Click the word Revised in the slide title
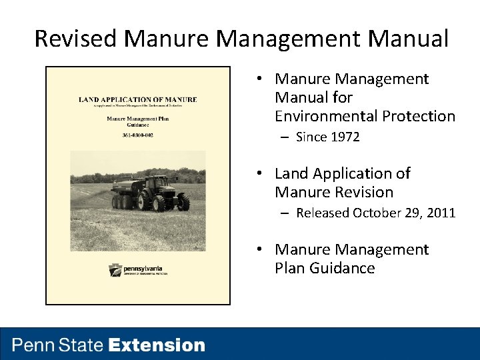tap(76, 39)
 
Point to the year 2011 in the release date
tap(441, 213)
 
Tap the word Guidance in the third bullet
tap(343, 268)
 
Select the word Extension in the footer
tap(157, 345)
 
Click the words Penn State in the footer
tap(58, 345)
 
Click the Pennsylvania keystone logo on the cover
tap(115, 270)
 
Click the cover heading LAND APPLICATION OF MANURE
tap(138, 100)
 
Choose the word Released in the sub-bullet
tap(323, 213)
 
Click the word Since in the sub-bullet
tap(311, 137)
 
